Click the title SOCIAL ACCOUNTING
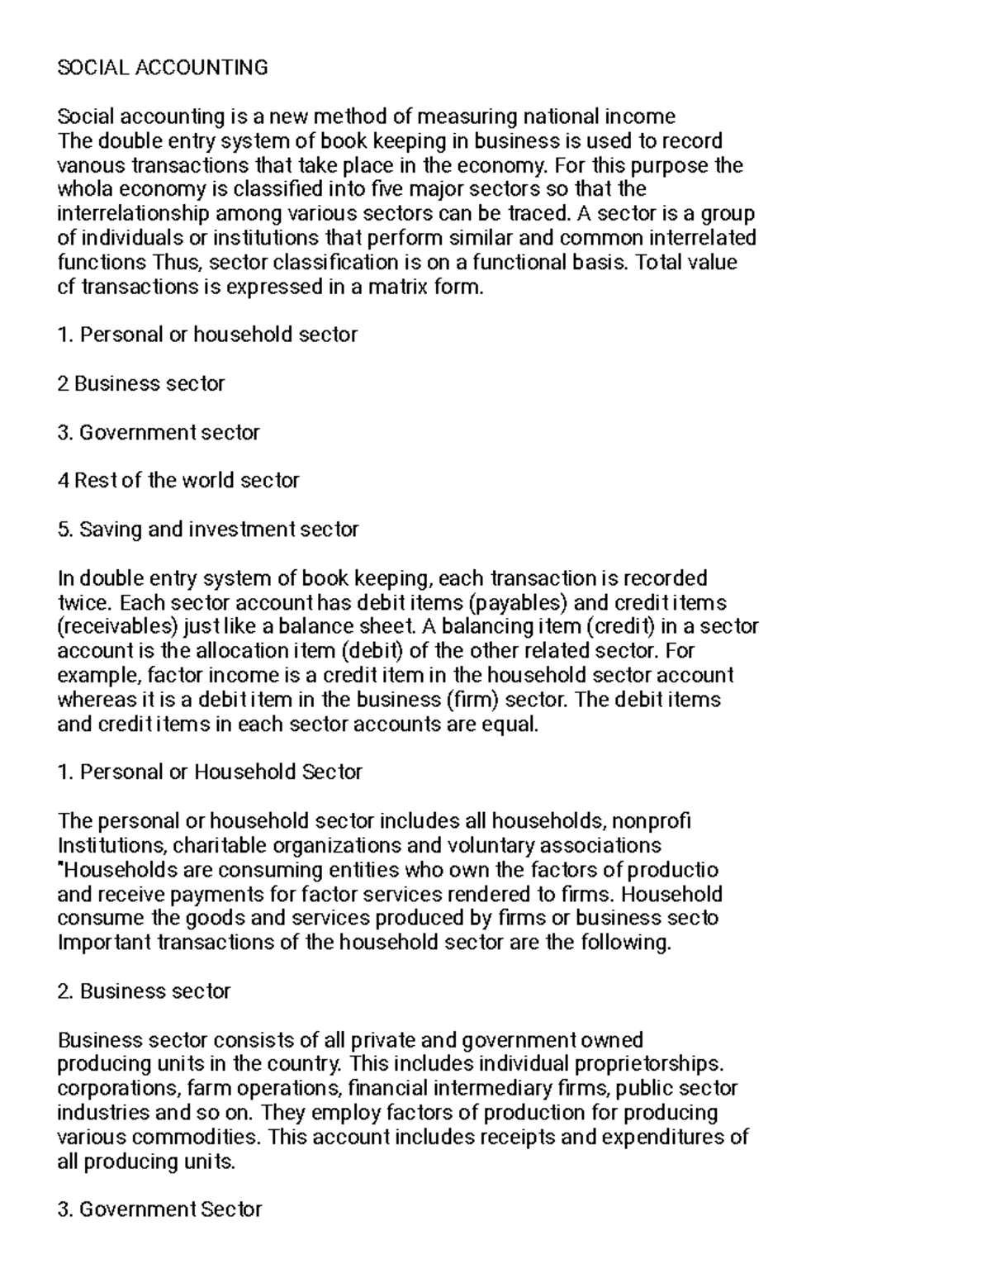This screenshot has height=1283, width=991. (x=163, y=68)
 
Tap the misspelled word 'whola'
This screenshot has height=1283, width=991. (x=83, y=189)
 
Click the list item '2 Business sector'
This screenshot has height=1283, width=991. (x=141, y=383)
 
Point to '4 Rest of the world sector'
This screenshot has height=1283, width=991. (x=178, y=480)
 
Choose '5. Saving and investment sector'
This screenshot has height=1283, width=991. (x=208, y=529)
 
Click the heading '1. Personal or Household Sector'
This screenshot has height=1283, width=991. (x=210, y=772)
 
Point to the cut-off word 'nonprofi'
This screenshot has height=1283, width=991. (x=653, y=820)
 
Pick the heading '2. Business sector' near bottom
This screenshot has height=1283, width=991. (x=144, y=991)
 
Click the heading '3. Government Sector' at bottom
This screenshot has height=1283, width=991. (x=159, y=1209)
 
